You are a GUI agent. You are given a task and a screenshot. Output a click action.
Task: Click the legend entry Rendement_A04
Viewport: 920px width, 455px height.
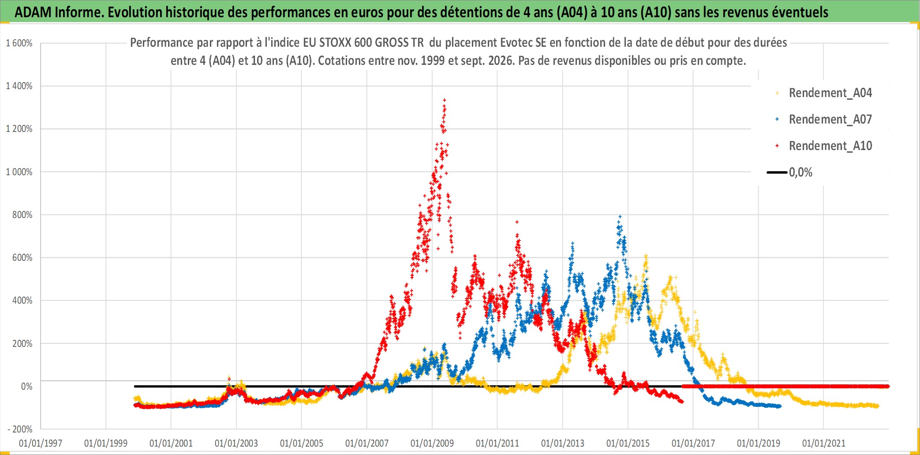(x=823, y=93)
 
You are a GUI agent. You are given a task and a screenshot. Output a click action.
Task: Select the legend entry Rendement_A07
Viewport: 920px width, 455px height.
(x=823, y=120)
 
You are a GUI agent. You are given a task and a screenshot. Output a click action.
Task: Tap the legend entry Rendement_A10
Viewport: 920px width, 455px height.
(x=823, y=146)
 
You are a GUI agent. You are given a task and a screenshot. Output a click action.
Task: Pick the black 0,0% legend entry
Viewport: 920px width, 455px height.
(x=789, y=172)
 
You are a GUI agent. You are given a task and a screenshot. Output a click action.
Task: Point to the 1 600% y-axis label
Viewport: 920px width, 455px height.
(x=19, y=43)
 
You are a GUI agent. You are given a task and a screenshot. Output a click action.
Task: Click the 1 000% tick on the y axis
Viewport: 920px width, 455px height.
(x=19, y=172)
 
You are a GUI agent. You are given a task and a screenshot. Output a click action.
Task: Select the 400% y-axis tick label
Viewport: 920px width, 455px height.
(x=22, y=301)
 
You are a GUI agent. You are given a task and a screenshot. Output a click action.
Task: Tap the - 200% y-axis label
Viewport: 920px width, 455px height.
(x=20, y=429)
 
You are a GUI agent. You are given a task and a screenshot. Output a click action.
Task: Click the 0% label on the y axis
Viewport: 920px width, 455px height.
(x=26, y=387)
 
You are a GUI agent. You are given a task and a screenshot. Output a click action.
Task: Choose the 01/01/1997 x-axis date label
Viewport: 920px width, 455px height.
(x=41, y=443)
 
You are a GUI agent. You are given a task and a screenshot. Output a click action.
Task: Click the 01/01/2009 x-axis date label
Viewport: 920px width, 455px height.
(x=432, y=443)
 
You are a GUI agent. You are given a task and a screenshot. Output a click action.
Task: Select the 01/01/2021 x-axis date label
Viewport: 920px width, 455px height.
(x=824, y=443)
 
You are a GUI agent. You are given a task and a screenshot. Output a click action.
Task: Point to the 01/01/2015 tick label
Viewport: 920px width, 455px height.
(x=628, y=443)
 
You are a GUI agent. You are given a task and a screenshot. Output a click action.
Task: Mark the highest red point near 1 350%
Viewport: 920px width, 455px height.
(x=444, y=100)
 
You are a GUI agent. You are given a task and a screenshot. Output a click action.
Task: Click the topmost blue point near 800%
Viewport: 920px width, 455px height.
(x=620, y=217)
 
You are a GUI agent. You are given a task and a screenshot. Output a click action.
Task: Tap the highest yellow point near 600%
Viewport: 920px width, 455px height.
(x=646, y=256)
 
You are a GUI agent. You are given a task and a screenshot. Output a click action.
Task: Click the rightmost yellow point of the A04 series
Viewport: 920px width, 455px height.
(x=878, y=406)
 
